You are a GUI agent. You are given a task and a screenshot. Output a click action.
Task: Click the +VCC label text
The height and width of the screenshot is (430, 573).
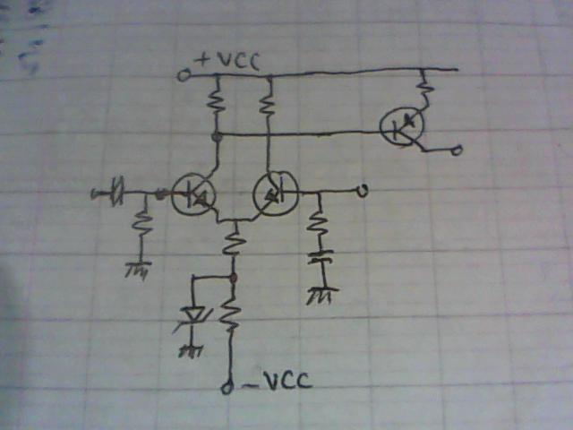pos(227,60)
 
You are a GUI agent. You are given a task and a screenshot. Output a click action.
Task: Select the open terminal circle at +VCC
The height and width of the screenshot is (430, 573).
pos(183,75)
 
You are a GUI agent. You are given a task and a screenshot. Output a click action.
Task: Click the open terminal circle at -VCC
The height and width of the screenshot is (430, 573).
pos(227,388)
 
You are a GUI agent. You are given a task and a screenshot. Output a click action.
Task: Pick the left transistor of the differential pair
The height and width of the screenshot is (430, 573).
pos(193,194)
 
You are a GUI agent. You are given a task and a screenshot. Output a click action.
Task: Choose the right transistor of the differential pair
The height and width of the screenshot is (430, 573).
pos(276,193)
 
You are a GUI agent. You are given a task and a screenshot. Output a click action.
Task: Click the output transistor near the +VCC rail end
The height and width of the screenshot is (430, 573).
pos(402,126)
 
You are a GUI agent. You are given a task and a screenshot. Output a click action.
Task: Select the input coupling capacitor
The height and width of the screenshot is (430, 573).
pos(117,192)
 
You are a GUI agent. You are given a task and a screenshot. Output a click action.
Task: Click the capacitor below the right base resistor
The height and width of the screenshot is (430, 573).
pos(321,257)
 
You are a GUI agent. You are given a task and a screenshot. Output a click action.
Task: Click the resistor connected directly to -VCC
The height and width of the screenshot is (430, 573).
pos(230,314)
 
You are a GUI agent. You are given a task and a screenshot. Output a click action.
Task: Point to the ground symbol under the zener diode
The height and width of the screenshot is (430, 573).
pos(191,351)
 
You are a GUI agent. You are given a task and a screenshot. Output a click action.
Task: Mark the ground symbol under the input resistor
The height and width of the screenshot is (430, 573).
pos(138,270)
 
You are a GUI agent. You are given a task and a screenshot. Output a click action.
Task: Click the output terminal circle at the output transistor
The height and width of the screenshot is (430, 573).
pos(456,150)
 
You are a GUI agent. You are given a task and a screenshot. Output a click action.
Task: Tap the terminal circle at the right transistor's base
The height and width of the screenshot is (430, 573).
pos(362,191)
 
